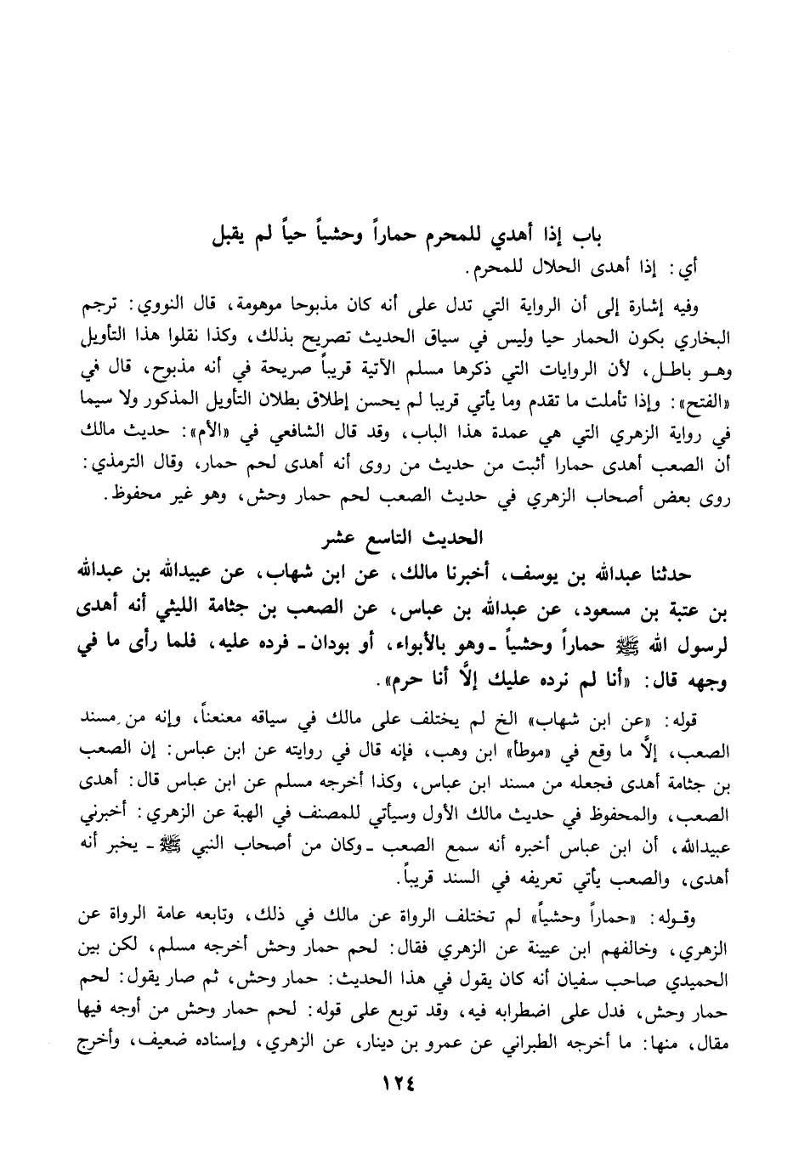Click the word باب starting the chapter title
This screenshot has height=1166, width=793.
[596, 235]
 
